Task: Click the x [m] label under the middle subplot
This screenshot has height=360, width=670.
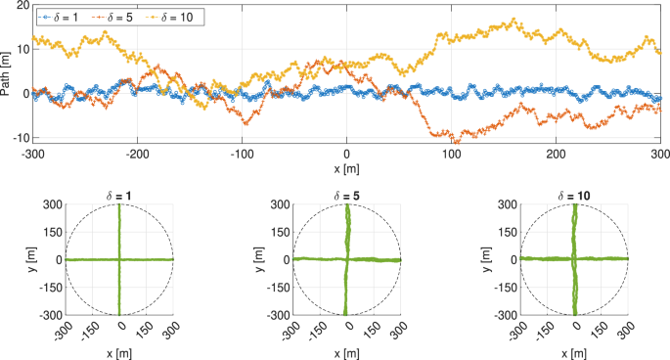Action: click(346, 352)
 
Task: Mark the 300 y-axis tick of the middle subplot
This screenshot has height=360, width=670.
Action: click(280, 205)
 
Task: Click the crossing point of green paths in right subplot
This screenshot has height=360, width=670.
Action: click(574, 259)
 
